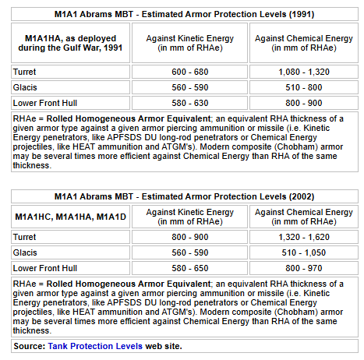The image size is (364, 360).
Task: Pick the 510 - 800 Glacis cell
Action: click(304, 86)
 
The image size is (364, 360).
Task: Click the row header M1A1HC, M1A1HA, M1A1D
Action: click(69, 216)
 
